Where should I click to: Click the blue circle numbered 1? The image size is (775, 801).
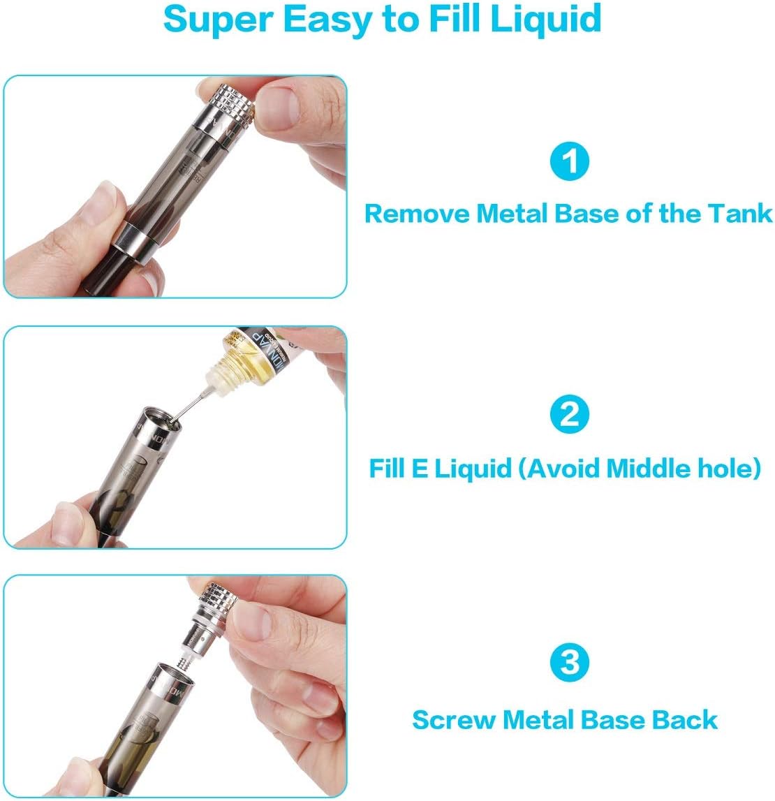(x=570, y=162)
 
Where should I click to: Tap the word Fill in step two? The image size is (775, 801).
(x=387, y=468)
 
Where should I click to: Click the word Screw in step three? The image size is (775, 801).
(x=454, y=720)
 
